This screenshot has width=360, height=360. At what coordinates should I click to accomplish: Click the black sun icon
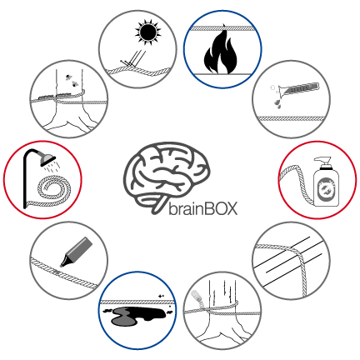(147, 32)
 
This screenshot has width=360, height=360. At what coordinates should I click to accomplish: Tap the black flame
(221, 52)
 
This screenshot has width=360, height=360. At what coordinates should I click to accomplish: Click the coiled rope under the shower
(52, 192)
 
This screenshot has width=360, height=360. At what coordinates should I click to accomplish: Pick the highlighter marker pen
(77, 252)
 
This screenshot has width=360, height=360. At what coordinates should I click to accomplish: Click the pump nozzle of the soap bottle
(323, 162)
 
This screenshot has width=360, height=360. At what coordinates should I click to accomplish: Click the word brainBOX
(203, 209)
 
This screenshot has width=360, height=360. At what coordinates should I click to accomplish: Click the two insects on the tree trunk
(72, 80)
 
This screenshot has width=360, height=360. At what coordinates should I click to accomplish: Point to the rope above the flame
(223, 28)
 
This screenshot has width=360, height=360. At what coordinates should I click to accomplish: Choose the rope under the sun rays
(138, 71)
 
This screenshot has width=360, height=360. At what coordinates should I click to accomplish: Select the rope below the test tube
(291, 118)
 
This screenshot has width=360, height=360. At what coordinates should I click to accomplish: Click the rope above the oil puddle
(137, 302)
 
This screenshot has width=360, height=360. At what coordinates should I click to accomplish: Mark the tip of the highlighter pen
(62, 266)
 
